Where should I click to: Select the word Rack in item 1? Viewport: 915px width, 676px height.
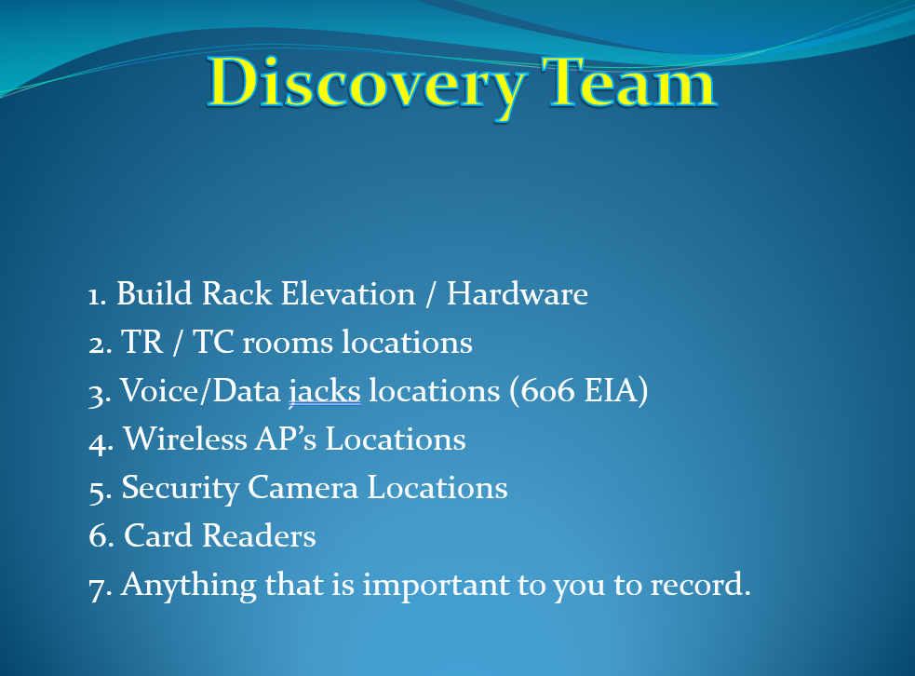click(236, 293)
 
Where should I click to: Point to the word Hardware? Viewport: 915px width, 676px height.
click(517, 293)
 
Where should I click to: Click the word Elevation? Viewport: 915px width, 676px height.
click(348, 293)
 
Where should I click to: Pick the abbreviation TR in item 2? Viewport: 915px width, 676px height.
click(141, 342)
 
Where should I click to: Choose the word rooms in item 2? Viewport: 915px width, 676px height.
click(287, 344)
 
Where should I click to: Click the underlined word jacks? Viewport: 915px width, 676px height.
click(325, 391)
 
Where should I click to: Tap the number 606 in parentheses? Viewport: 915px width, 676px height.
click(547, 391)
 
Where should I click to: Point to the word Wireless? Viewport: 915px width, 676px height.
click(185, 439)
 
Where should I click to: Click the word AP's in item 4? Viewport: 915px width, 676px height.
click(286, 439)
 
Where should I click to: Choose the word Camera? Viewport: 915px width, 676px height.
click(303, 488)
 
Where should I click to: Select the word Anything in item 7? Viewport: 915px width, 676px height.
click(188, 586)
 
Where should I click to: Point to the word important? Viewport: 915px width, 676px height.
click(436, 586)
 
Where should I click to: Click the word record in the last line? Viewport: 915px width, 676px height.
click(696, 585)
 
